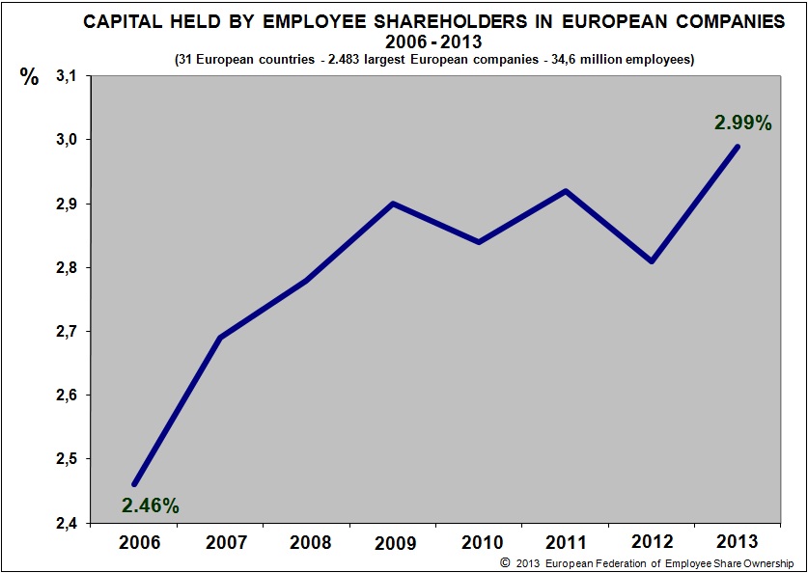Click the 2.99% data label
point(742,123)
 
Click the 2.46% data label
point(150,505)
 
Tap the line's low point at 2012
point(652,260)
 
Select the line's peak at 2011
point(566,190)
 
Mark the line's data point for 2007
point(221,338)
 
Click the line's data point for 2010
point(480,241)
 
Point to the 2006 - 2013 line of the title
point(432,42)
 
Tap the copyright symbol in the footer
point(504,563)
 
